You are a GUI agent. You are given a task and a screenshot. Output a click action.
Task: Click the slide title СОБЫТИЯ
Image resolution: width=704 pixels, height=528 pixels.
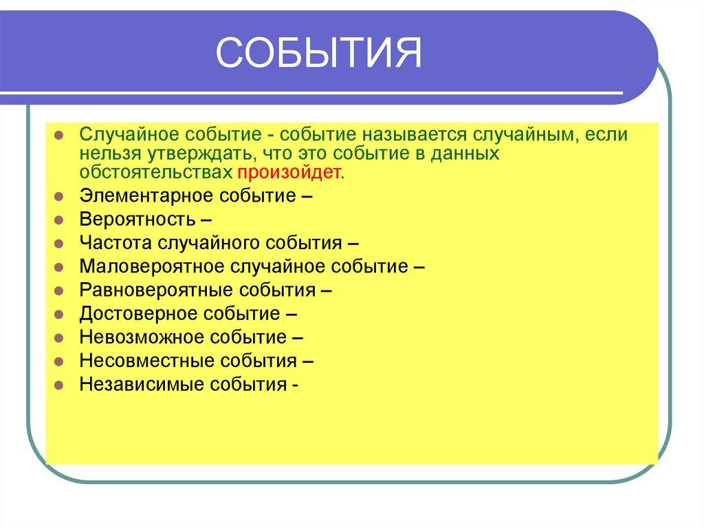tap(318, 54)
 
